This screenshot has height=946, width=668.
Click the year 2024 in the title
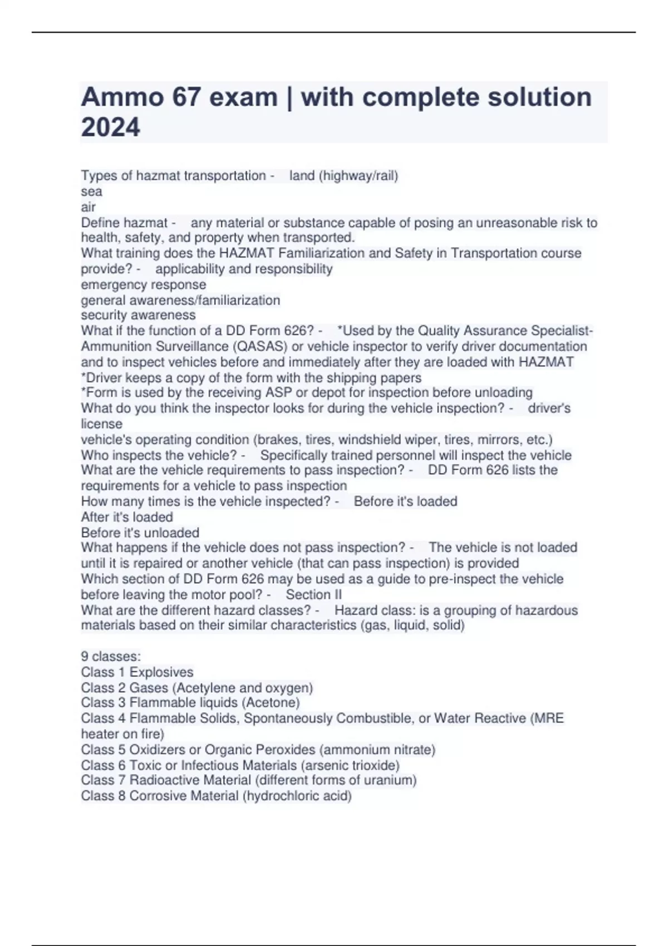(110, 127)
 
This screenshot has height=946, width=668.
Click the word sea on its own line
(91, 191)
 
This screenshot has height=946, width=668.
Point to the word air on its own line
(88, 207)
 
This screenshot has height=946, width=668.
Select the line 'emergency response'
(143, 284)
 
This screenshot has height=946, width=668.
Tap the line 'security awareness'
(138, 315)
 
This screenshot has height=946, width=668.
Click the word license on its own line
(101, 423)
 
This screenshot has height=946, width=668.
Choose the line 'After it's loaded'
(126, 517)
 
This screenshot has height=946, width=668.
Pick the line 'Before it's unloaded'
(140, 533)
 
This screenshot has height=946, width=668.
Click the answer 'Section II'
(314, 594)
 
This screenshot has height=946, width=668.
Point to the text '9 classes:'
(111, 656)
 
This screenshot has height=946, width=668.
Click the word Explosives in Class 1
(161, 672)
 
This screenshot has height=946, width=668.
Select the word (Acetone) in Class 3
(272, 702)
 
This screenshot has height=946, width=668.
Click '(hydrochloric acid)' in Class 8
(297, 796)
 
